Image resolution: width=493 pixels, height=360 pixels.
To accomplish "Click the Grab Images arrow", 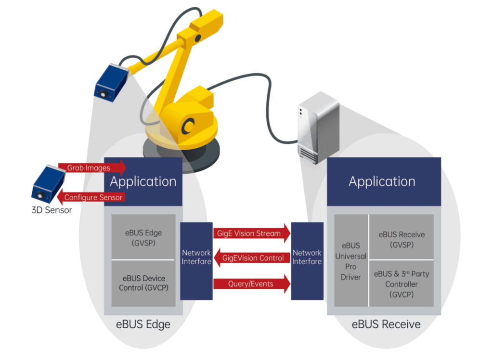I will tap(91, 168).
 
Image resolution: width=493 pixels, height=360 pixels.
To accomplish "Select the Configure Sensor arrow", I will tap(91, 197).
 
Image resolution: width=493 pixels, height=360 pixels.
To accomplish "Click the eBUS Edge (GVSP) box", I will tap(143, 237).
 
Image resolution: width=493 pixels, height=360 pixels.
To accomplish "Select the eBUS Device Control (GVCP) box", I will tap(143, 283).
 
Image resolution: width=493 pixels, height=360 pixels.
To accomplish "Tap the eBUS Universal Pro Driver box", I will tap(350, 261).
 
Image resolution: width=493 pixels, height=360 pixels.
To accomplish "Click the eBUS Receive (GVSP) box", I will tap(401, 239).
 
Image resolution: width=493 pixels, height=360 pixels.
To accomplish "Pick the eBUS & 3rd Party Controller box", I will tap(401, 284).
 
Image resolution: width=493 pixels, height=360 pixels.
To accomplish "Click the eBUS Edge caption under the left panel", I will tap(143, 324).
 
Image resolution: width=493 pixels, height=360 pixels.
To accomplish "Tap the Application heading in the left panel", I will tap(143, 181).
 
